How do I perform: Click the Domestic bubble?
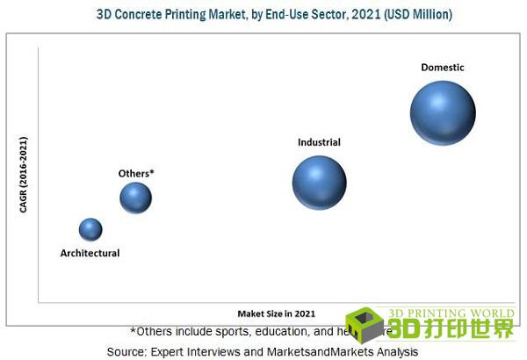click(x=443, y=112)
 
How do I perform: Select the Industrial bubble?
click(x=319, y=183)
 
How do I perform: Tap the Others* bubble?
click(x=136, y=198)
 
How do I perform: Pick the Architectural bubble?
click(x=90, y=229)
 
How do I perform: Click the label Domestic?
click(x=443, y=67)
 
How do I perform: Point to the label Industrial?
click(x=319, y=141)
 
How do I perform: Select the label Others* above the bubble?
click(x=136, y=173)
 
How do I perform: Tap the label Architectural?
click(x=90, y=253)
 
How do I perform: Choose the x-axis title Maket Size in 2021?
click(x=276, y=313)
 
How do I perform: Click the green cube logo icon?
click(x=365, y=325)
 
